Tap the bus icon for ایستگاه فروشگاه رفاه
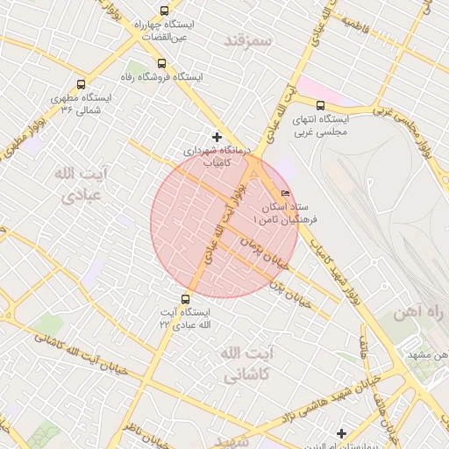coord(160,63)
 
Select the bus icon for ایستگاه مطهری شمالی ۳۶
coord(82,85)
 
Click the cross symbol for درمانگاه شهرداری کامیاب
coord(217,136)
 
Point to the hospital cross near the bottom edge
coord(341,433)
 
